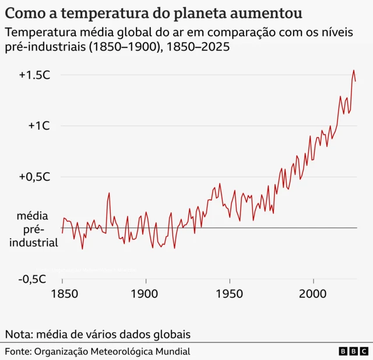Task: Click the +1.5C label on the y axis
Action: (x=34, y=75)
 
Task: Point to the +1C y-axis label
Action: (x=39, y=126)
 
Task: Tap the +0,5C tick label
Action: (x=34, y=177)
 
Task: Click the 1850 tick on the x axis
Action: (x=62, y=295)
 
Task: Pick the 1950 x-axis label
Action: (x=230, y=295)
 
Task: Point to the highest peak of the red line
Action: (x=353, y=71)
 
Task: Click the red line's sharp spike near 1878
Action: (x=109, y=193)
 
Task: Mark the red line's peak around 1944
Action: (x=220, y=183)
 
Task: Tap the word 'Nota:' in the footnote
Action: (x=19, y=334)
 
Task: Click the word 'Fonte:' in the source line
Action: (x=19, y=351)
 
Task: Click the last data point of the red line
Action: (x=356, y=82)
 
